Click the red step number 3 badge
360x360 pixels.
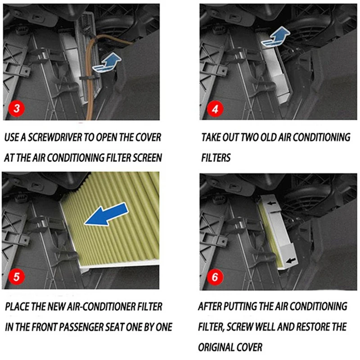[x=17, y=108]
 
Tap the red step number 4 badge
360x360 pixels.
[x=215, y=109]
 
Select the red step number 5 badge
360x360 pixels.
[x=16, y=277]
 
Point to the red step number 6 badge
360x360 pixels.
[x=215, y=277]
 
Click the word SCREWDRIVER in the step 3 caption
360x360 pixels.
[x=55, y=137]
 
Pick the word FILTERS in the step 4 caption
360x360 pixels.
[x=216, y=158]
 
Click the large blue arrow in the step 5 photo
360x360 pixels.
[x=106, y=215]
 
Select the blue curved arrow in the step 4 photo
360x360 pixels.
[x=275, y=37]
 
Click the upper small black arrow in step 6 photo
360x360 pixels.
[x=272, y=203]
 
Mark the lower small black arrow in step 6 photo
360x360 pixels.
[x=291, y=261]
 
